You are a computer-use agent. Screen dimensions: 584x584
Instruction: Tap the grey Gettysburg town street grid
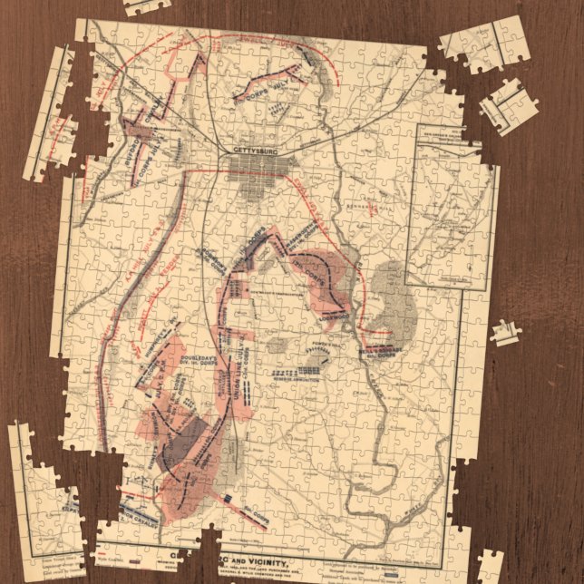[x=259, y=169]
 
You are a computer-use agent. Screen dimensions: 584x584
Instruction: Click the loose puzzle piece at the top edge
[x=147, y=6]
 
